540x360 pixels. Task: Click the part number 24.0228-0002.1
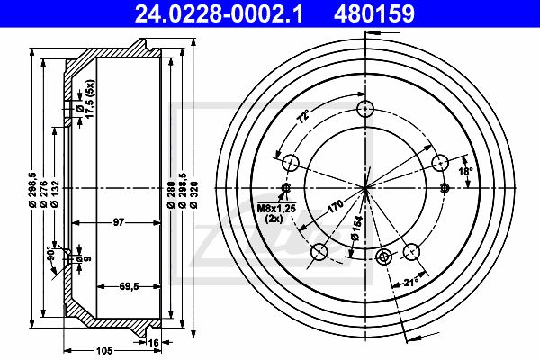point(219,14)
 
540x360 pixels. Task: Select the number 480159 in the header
point(374,14)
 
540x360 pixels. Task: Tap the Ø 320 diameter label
point(193,194)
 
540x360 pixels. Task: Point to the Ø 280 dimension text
point(170,194)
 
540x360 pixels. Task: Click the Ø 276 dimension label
point(43,194)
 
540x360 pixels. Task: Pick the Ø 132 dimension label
point(55,194)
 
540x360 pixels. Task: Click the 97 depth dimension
point(119,222)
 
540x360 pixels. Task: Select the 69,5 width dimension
point(129,286)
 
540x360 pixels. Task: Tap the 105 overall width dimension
point(104,351)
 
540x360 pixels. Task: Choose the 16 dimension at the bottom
point(153,343)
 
